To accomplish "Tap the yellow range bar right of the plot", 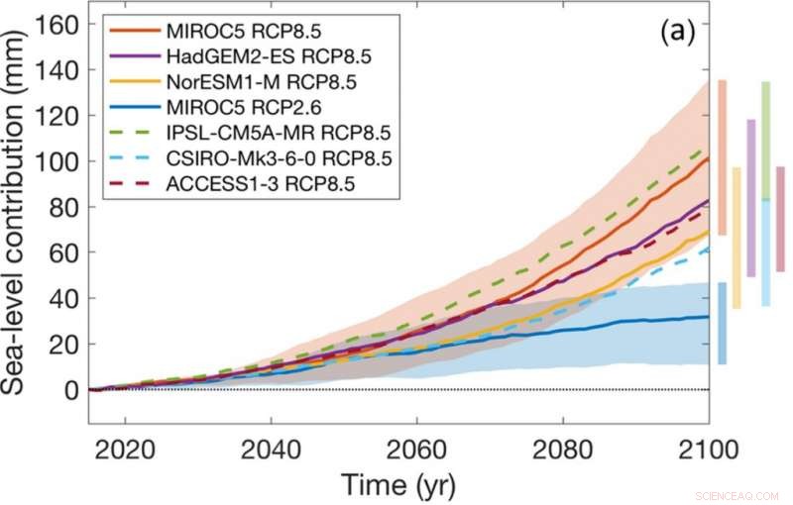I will click(x=736, y=238).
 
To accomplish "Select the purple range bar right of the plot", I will click(x=750, y=198).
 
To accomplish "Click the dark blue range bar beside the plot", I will click(x=722, y=323).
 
